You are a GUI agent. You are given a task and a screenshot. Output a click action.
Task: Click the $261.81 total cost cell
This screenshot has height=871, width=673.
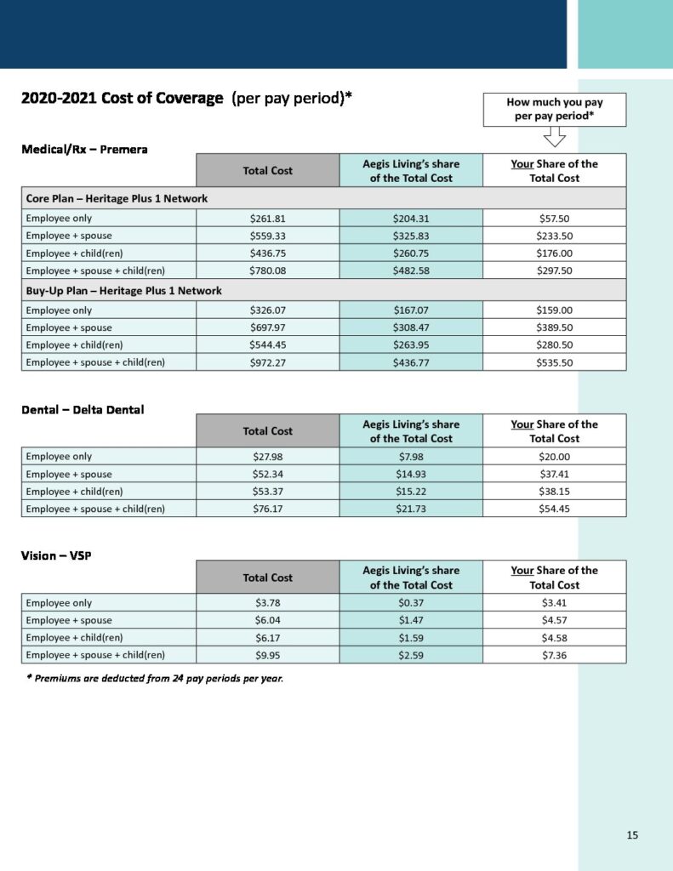pyautogui.click(x=267, y=218)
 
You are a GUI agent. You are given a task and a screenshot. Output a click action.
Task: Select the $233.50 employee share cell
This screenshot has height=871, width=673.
pyautogui.click(x=554, y=236)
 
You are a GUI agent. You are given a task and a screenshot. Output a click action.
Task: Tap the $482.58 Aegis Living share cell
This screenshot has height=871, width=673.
pyautogui.click(x=411, y=270)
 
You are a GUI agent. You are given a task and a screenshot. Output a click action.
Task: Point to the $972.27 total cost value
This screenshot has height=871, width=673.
pyautogui.click(x=267, y=362)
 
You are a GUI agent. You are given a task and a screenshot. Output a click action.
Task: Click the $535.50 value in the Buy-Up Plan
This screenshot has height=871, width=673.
pyautogui.click(x=554, y=362)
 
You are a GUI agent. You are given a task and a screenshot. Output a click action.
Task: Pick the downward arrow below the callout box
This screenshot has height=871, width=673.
pyautogui.click(x=554, y=137)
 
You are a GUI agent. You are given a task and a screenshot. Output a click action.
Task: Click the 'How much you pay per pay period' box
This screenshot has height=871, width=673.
pyautogui.click(x=554, y=110)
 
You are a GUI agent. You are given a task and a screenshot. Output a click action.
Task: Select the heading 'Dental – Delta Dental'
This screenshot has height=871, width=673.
pyautogui.click(x=83, y=409)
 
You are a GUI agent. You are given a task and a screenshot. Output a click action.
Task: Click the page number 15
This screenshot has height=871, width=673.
pyautogui.click(x=632, y=834)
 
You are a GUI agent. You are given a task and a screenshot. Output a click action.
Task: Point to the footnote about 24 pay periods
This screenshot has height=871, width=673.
pyautogui.click(x=154, y=678)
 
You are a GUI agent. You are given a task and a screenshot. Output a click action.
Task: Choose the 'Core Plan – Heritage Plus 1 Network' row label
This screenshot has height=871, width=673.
pyautogui.click(x=117, y=198)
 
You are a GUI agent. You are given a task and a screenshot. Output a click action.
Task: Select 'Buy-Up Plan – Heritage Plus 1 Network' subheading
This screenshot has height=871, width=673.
pyautogui.click(x=123, y=291)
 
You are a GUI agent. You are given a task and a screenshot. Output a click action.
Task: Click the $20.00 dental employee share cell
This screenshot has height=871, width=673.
pyautogui.click(x=554, y=457)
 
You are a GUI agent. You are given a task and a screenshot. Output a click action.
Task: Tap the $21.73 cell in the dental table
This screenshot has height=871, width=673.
pyautogui.click(x=411, y=509)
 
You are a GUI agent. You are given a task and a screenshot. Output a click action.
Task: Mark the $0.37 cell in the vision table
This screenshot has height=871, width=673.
pyautogui.click(x=411, y=603)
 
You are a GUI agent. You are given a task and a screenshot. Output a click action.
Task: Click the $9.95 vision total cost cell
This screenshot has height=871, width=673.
pyautogui.click(x=267, y=655)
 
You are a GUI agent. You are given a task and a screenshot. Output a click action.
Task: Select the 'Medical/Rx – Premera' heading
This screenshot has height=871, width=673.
pyautogui.click(x=84, y=149)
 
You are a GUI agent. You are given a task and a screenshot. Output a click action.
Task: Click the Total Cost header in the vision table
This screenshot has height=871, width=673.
pyautogui.click(x=267, y=578)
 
